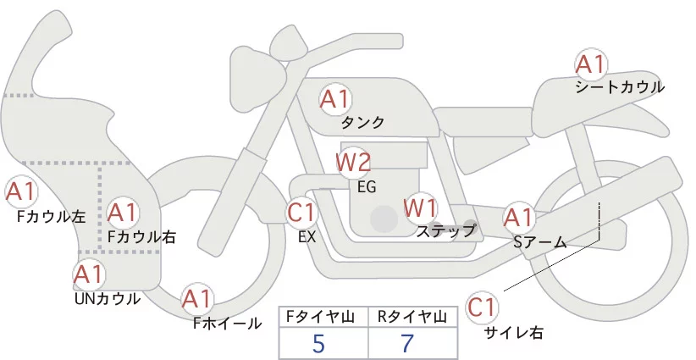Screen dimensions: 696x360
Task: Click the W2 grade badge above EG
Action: [353, 163]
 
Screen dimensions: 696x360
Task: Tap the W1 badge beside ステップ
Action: [420, 208]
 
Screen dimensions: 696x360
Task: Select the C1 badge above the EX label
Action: [301, 213]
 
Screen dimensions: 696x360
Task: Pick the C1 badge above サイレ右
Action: [482, 307]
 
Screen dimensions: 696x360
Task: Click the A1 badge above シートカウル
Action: [590, 65]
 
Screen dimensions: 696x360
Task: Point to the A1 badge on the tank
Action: [334, 99]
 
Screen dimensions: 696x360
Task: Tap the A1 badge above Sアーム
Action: [518, 218]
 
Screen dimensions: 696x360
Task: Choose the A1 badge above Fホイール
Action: [196, 299]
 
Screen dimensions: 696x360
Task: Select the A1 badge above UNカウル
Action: [89, 274]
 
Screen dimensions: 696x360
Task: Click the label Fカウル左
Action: [51, 217]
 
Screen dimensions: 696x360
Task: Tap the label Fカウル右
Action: [142, 236]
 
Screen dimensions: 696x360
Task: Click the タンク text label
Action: [362, 123]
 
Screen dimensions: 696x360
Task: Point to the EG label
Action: [367, 187]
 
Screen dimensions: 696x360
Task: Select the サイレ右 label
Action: [514, 333]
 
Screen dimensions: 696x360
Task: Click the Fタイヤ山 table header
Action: [320, 317]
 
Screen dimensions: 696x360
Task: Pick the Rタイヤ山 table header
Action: [412, 317]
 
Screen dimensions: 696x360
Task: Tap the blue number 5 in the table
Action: [318, 344]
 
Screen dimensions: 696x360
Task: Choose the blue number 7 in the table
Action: [407, 343]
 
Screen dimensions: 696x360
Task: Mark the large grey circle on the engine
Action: [384, 219]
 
